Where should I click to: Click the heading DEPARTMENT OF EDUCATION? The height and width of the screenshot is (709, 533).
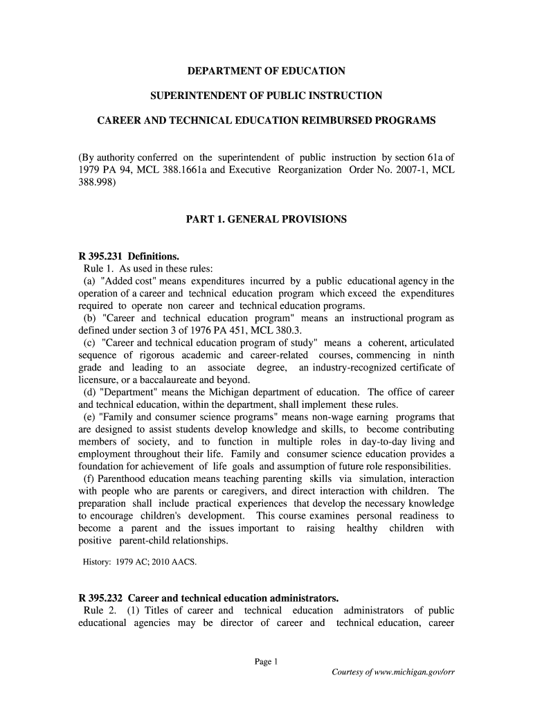pyautogui.click(x=266, y=71)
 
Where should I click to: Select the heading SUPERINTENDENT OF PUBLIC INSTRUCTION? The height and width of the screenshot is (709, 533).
pyautogui.click(x=266, y=96)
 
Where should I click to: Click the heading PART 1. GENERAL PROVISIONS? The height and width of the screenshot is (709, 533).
pyautogui.click(x=266, y=219)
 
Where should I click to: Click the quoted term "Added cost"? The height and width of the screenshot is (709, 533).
pyautogui.click(x=123, y=281)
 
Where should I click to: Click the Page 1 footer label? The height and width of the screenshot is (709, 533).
pyautogui.click(x=266, y=661)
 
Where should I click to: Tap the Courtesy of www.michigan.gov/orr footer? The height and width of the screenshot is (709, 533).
pyautogui.click(x=392, y=672)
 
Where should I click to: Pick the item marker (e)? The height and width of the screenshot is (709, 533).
pyautogui.click(x=89, y=418)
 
